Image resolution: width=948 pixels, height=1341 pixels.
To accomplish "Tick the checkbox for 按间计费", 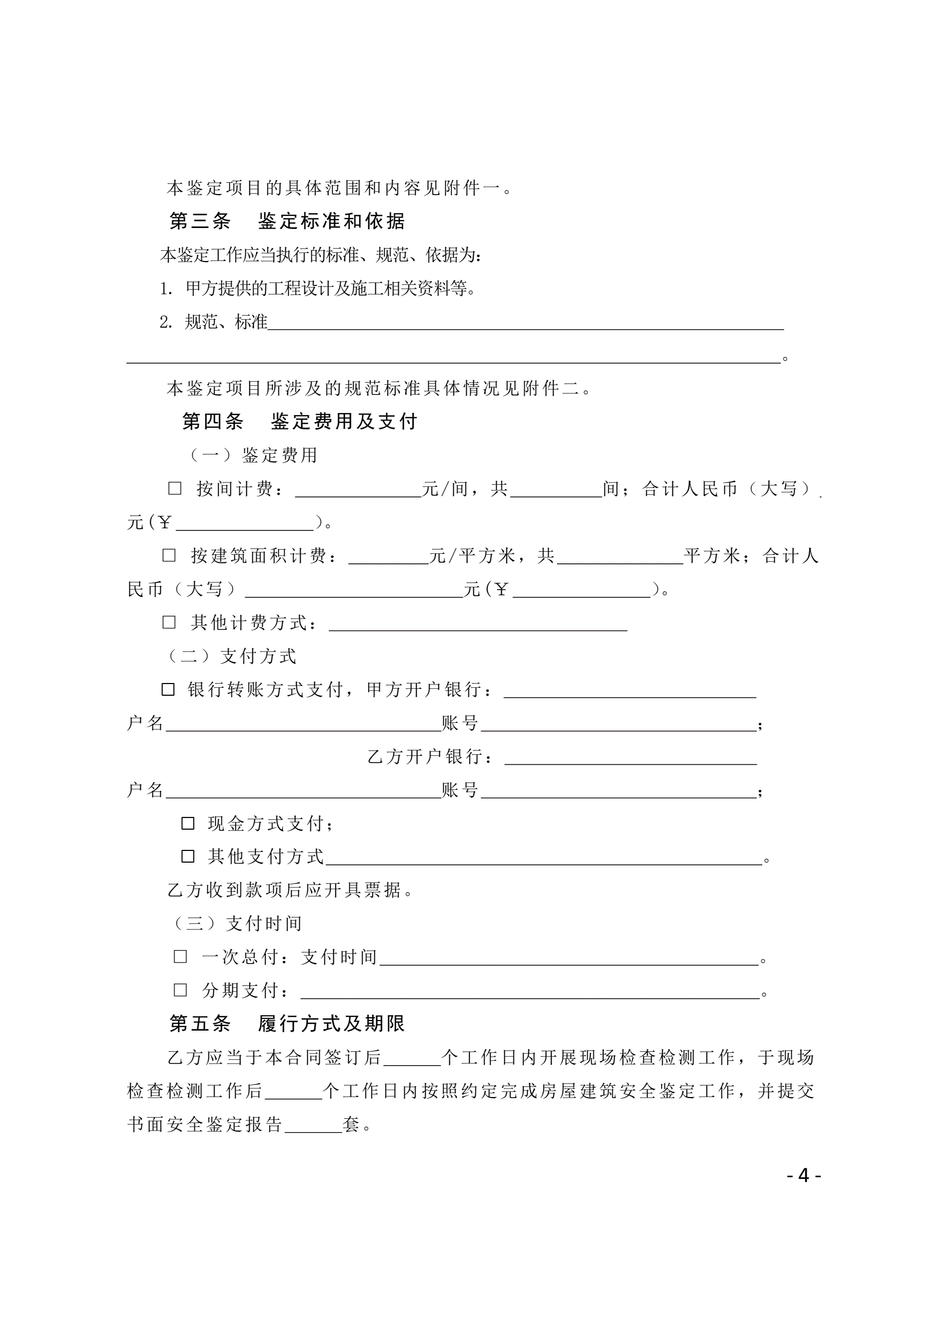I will click(175, 488).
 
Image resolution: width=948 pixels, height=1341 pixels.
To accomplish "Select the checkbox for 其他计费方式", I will click(169, 622).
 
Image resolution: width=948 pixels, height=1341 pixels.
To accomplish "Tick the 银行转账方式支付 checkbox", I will click(168, 689).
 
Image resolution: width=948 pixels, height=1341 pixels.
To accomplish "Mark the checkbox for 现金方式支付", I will click(188, 823).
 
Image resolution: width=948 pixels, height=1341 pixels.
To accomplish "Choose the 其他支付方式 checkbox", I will click(188, 856).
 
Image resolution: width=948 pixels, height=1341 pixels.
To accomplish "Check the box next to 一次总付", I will click(181, 957).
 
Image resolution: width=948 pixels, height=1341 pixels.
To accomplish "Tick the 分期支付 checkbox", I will click(181, 990).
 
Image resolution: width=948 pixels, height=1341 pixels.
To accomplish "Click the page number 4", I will click(804, 1175).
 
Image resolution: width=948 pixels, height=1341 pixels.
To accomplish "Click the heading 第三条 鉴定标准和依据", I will click(287, 221).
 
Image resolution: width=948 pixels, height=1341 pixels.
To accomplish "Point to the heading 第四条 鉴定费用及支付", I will click(300, 421).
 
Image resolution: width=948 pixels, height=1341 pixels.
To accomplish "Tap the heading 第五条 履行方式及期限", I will click(287, 1023).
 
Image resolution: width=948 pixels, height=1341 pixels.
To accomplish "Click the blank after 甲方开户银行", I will click(630, 692).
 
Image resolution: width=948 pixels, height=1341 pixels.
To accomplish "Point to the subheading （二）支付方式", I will click(232, 656).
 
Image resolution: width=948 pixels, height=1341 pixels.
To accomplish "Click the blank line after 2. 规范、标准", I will click(525, 325).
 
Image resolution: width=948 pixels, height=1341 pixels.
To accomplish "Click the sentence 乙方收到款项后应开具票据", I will click(290, 890).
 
